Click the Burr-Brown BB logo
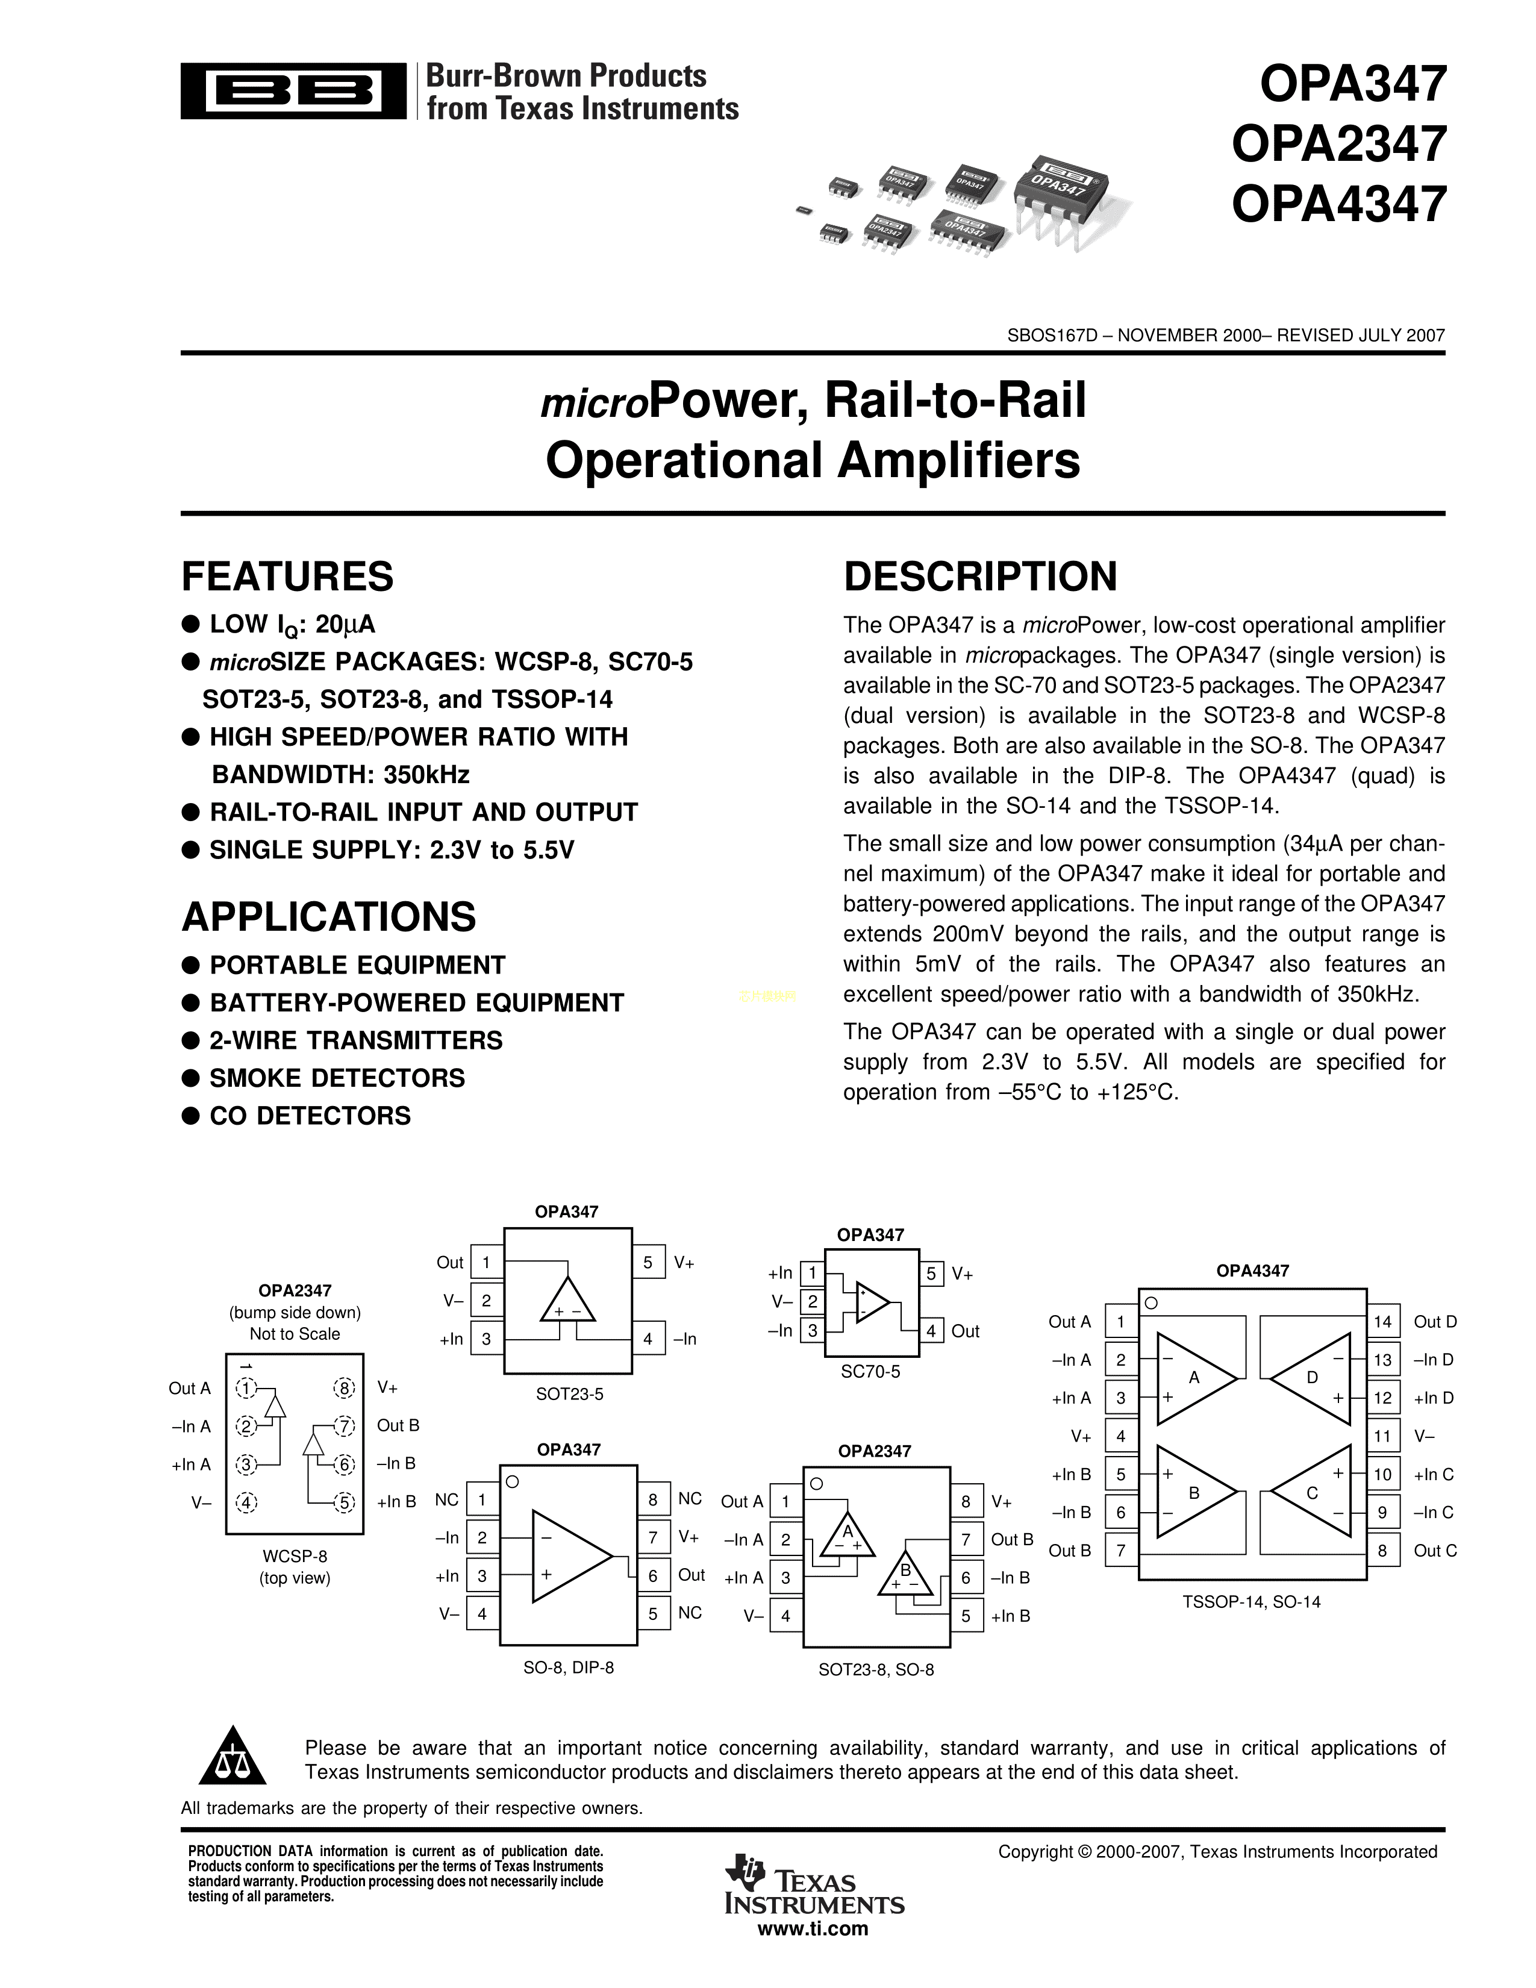click(x=293, y=90)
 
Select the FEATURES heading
click(x=287, y=576)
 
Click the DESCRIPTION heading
click(x=980, y=576)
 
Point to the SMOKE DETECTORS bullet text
click(x=337, y=1078)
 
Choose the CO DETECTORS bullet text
click(x=310, y=1115)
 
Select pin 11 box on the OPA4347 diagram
click(x=1382, y=1436)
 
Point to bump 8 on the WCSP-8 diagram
click(x=344, y=1388)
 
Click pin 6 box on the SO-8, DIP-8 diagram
click(x=652, y=1575)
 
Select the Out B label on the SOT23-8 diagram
click(x=1012, y=1539)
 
